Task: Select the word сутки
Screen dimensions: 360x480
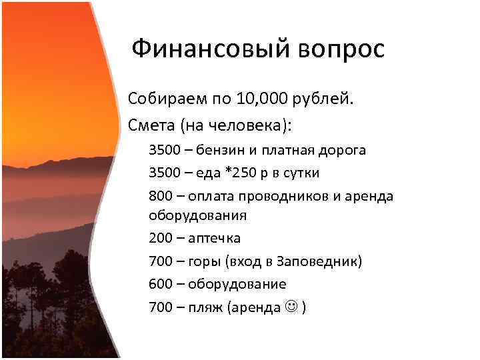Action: point(301,173)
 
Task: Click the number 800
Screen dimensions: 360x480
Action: point(161,196)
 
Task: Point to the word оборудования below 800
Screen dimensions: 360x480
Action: point(198,215)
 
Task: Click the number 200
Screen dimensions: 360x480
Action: point(161,238)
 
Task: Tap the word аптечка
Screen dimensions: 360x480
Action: point(214,238)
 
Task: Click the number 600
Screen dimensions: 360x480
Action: point(161,284)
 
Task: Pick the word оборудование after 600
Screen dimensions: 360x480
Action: point(237,284)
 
